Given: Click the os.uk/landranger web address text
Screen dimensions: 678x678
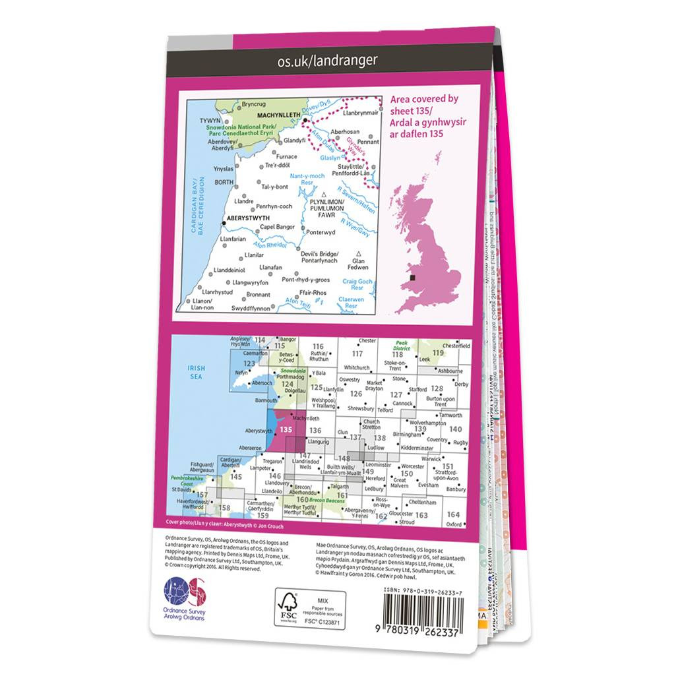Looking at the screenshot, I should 328,61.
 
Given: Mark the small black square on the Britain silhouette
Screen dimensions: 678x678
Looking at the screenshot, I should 412,279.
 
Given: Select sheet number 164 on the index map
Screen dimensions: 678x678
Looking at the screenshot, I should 452,514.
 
